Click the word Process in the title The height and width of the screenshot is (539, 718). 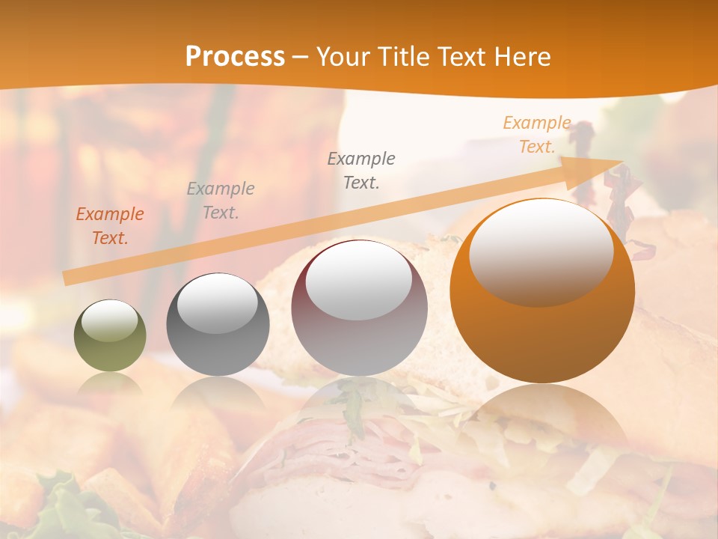[235, 57]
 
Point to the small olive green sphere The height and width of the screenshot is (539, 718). [110, 335]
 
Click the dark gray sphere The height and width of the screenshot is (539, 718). [218, 324]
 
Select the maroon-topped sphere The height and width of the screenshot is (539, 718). [359, 308]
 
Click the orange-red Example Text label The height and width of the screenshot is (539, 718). [110, 226]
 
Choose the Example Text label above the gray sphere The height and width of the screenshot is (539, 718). [220, 201]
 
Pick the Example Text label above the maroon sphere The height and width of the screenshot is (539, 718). [361, 170]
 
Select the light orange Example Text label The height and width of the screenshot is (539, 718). [537, 135]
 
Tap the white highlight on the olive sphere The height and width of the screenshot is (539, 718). [109, 320]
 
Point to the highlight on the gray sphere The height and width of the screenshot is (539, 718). [217, 302]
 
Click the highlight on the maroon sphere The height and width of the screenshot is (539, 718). [358, 281]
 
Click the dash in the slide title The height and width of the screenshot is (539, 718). [300, 57]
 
